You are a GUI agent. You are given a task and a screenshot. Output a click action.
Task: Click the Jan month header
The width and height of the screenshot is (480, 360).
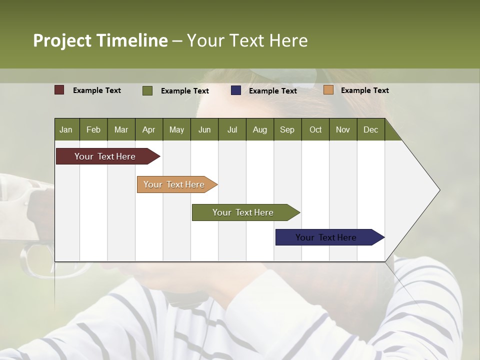click(66, 129)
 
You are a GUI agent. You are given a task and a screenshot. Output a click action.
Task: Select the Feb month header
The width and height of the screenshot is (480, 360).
click(93, 129)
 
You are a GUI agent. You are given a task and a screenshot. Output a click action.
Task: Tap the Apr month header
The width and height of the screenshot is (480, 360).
click(148, 129)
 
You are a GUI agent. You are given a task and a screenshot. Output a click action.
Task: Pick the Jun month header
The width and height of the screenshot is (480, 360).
click(204, 129)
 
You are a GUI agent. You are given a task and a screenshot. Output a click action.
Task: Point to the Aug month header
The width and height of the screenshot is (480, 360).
click(259, 129)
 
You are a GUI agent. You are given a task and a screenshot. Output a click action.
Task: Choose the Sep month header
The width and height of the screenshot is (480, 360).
click(287, 129)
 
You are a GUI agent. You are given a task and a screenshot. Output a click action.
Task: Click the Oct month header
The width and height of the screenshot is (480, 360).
click(315, 129)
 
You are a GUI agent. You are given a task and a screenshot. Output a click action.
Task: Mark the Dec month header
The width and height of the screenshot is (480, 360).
click(370, 129)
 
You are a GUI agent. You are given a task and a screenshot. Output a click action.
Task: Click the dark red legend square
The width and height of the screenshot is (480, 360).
click(59, 90)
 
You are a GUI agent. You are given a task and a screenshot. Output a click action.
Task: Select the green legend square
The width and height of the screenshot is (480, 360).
click(147, 90)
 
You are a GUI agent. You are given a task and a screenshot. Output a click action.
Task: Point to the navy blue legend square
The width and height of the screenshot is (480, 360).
click(236, 90)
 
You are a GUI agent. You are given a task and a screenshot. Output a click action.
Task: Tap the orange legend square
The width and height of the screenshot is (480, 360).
click(328, 90)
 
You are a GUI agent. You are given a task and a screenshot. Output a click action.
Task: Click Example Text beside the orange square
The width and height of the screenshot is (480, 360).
click(364, 90)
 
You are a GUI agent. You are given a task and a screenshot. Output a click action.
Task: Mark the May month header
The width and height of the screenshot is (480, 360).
click(176, 129)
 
